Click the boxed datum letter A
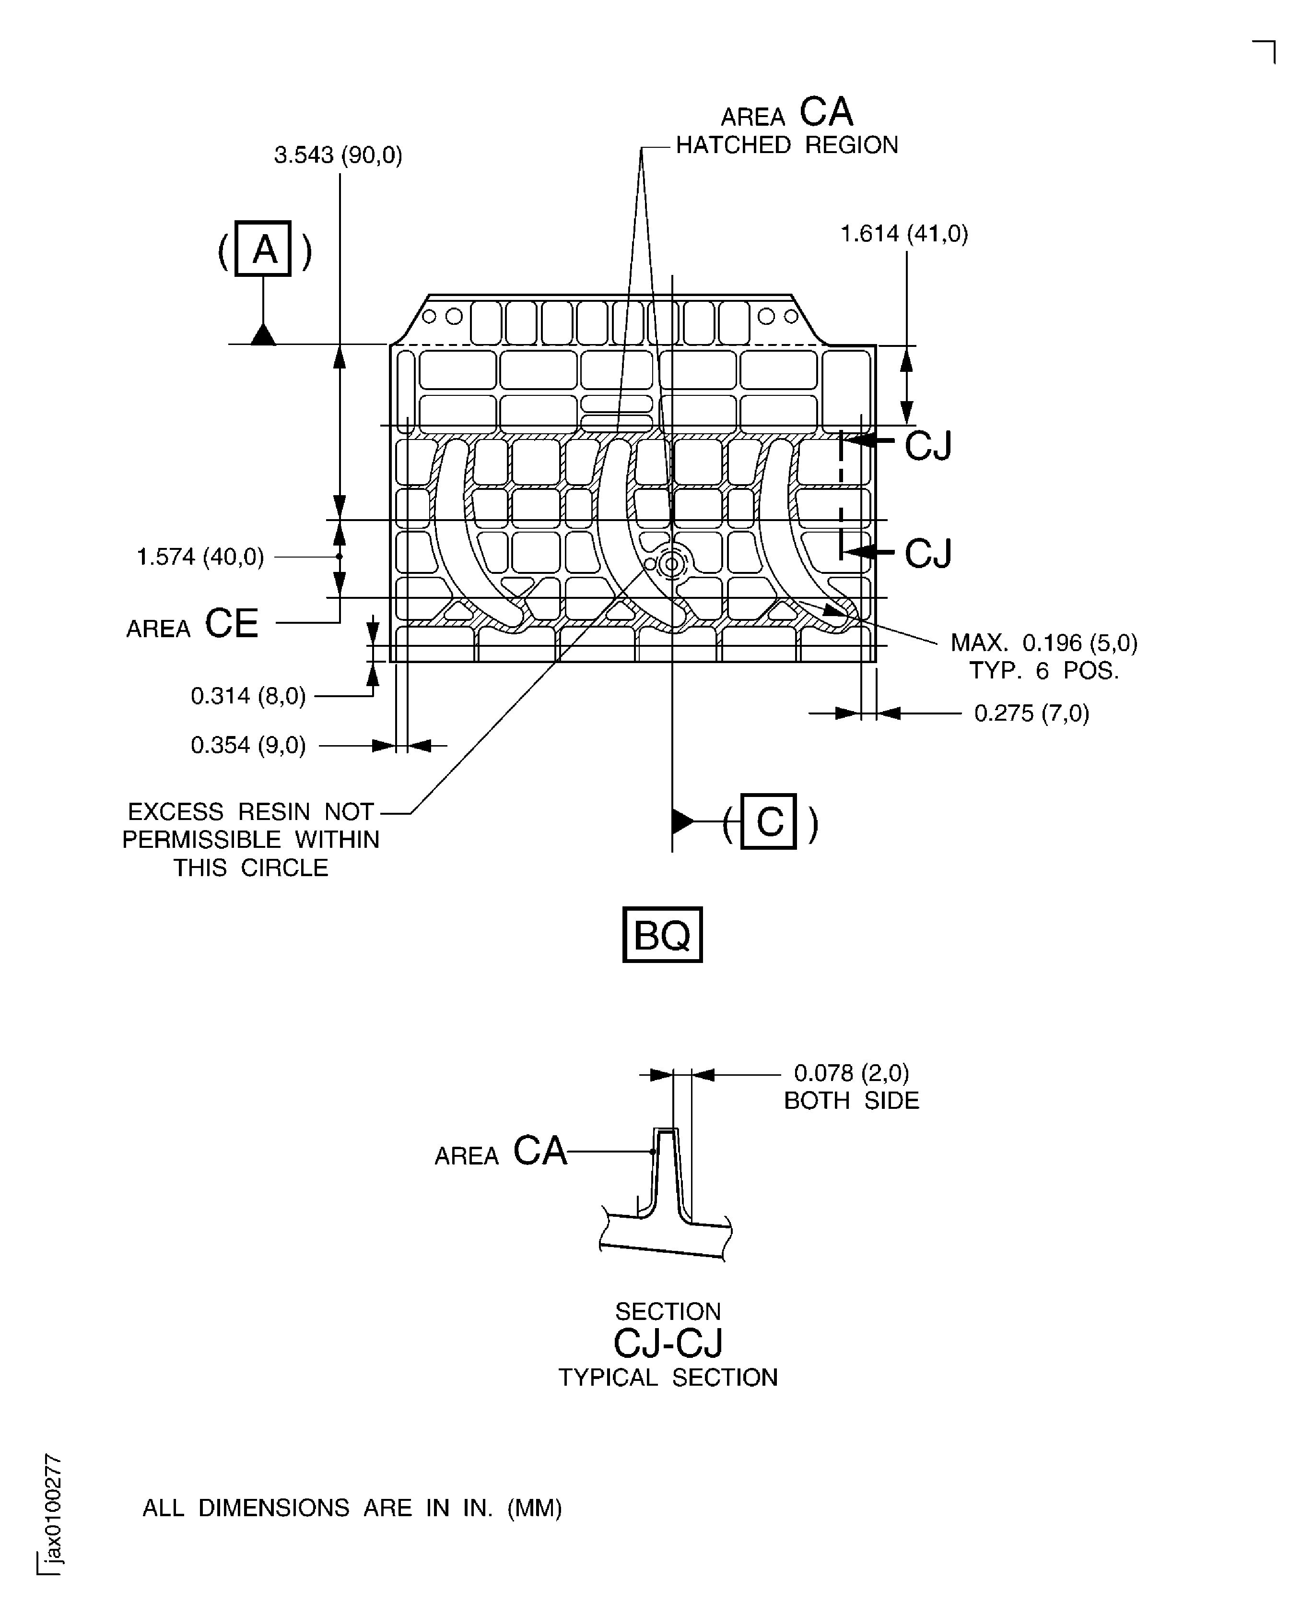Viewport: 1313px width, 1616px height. pos(263,249)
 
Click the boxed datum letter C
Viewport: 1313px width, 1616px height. pos(768,821)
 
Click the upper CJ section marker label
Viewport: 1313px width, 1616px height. pos(927,446)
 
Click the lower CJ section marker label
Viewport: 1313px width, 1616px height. pos(927,553)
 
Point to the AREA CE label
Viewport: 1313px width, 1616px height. pos(192,625)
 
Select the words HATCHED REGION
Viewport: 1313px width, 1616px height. pos(786,145)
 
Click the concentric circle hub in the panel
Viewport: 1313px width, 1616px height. pos(671,564)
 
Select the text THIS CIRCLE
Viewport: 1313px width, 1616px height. pos(251,868)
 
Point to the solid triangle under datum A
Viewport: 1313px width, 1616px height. pos(263,334)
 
